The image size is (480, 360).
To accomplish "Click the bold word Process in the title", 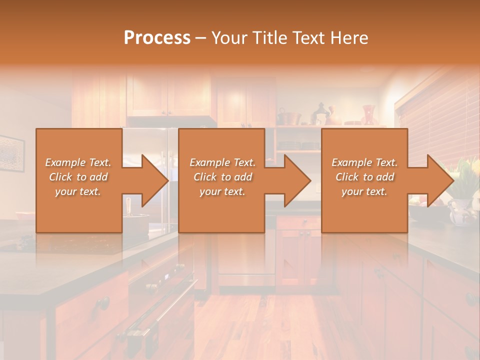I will (x=157, y=37).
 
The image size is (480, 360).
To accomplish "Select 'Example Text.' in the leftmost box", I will (x=78, y=162).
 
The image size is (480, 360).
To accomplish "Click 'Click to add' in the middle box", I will (x=222, y=177).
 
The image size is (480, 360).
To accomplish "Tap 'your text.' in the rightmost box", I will (x=364, y=191).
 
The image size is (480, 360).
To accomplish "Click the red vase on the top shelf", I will (x=368, y=114).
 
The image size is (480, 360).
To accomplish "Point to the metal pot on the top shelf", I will (x=289, y=118).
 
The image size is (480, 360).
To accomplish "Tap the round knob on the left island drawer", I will (x=103, y=302).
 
